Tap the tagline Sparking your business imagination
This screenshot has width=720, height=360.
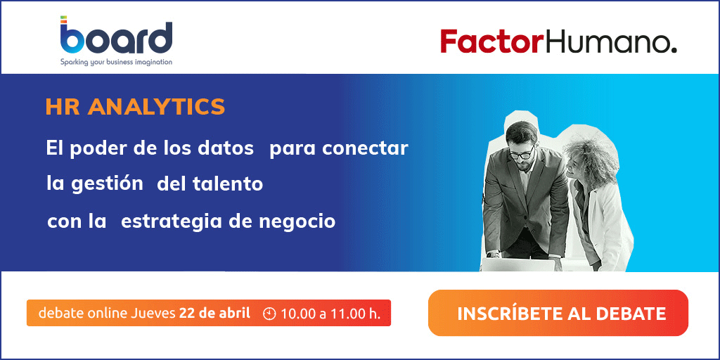coord(116,62)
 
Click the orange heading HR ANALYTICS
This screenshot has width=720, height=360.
coord(136,107)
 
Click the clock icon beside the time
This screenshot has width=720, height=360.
coord(269,314)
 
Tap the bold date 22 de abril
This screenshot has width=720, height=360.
coord(215,313)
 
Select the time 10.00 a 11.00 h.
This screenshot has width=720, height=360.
coord(331,314)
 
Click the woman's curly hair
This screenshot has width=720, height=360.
coord(590,154)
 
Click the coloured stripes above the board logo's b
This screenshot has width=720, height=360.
coord(64,19)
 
